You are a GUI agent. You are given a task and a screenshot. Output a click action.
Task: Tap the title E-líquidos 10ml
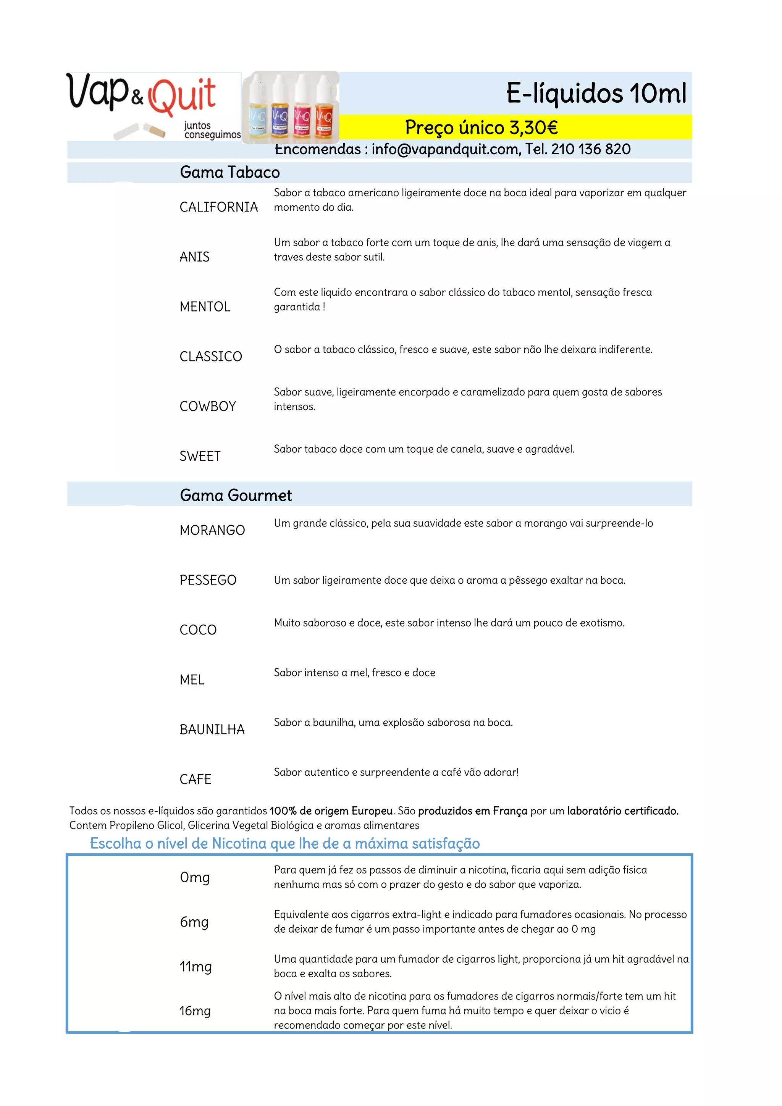(x=596, y=93)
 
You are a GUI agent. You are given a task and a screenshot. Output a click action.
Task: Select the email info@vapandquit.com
(x=446, y=149)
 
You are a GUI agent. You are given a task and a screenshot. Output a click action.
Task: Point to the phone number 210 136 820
(x=591, y=149)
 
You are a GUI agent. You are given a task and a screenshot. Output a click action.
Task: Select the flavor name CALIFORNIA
(x=219, y=207)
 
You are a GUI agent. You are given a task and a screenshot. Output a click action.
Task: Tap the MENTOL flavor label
(x=205, y=307)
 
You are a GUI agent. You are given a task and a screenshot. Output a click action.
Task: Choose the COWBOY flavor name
(x=208, y=407)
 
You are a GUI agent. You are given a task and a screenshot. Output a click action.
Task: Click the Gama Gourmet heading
(x=236, y=496)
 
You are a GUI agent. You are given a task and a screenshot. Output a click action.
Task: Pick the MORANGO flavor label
(x=212, y=530)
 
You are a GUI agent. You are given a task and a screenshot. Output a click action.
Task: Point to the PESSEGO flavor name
(x=208, y=580)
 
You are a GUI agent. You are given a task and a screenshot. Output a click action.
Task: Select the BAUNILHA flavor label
(x=212, y=730)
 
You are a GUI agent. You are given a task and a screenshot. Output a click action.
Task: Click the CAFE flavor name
(x=195, y=780)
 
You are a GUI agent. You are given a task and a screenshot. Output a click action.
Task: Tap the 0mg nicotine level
(x=195, y=877)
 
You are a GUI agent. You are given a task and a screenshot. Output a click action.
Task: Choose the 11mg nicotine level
(x=195, y=966)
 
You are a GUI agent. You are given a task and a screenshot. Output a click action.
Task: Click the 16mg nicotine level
(x=195, y=1011)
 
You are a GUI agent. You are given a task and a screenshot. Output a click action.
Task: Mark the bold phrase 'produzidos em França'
(x=472, y=811)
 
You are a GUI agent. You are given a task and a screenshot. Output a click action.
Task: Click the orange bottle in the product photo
(x=324, y=118)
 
